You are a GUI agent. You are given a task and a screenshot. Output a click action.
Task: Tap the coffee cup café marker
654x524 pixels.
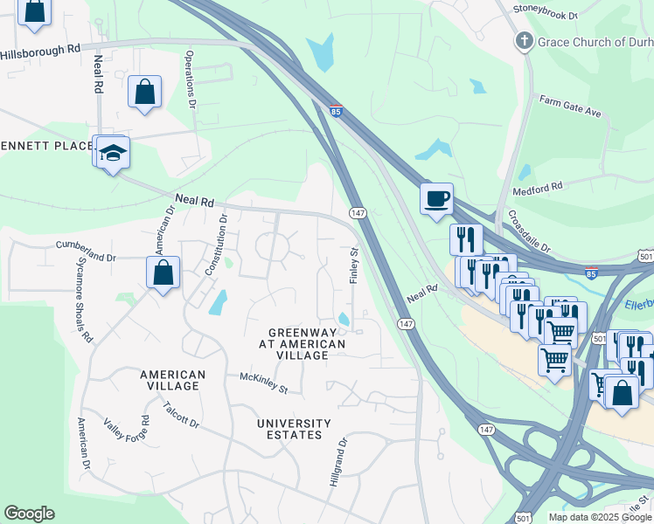coord(436,198)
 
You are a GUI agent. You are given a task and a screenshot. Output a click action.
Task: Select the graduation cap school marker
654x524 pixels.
coord(113,154)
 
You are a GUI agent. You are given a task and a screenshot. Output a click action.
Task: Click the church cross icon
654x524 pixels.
coord(524,40)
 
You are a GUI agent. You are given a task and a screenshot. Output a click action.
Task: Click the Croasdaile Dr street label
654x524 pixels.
coord(529,232)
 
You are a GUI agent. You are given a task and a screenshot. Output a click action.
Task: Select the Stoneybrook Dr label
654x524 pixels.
coord(546,16)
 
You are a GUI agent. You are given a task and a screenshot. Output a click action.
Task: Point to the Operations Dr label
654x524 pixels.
coord(190,79)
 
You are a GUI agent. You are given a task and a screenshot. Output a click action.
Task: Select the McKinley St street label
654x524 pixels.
coord(264,382)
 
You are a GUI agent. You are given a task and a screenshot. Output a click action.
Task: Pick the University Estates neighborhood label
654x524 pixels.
coord(294,429)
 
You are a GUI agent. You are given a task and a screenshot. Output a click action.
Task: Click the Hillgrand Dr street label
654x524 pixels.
coord(337,462)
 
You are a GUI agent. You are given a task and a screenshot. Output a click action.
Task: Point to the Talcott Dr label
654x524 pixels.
coord(182,415)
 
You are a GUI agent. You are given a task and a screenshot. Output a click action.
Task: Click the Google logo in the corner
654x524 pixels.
coord(29,514)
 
